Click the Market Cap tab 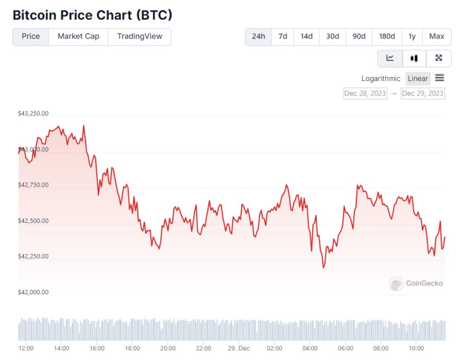coord(78,36)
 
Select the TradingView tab coord(140,36)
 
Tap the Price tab coord(30,36)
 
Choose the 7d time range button coord(283,36)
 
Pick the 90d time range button coord(359,36)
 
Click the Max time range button coord(436,36)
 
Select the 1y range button coord(412,36)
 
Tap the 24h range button coord(259,36)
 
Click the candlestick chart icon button coord(414,58)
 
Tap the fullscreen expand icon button coord(439,58)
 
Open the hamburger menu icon coord(440,78)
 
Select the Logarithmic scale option coord(380,78)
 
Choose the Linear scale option coord(418,78)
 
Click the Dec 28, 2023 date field coord(365,94)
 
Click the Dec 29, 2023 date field coord(422,94)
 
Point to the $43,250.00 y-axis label coord(33,114)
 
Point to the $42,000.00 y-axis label coord(33,292)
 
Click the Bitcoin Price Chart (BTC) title coord(92,15)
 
